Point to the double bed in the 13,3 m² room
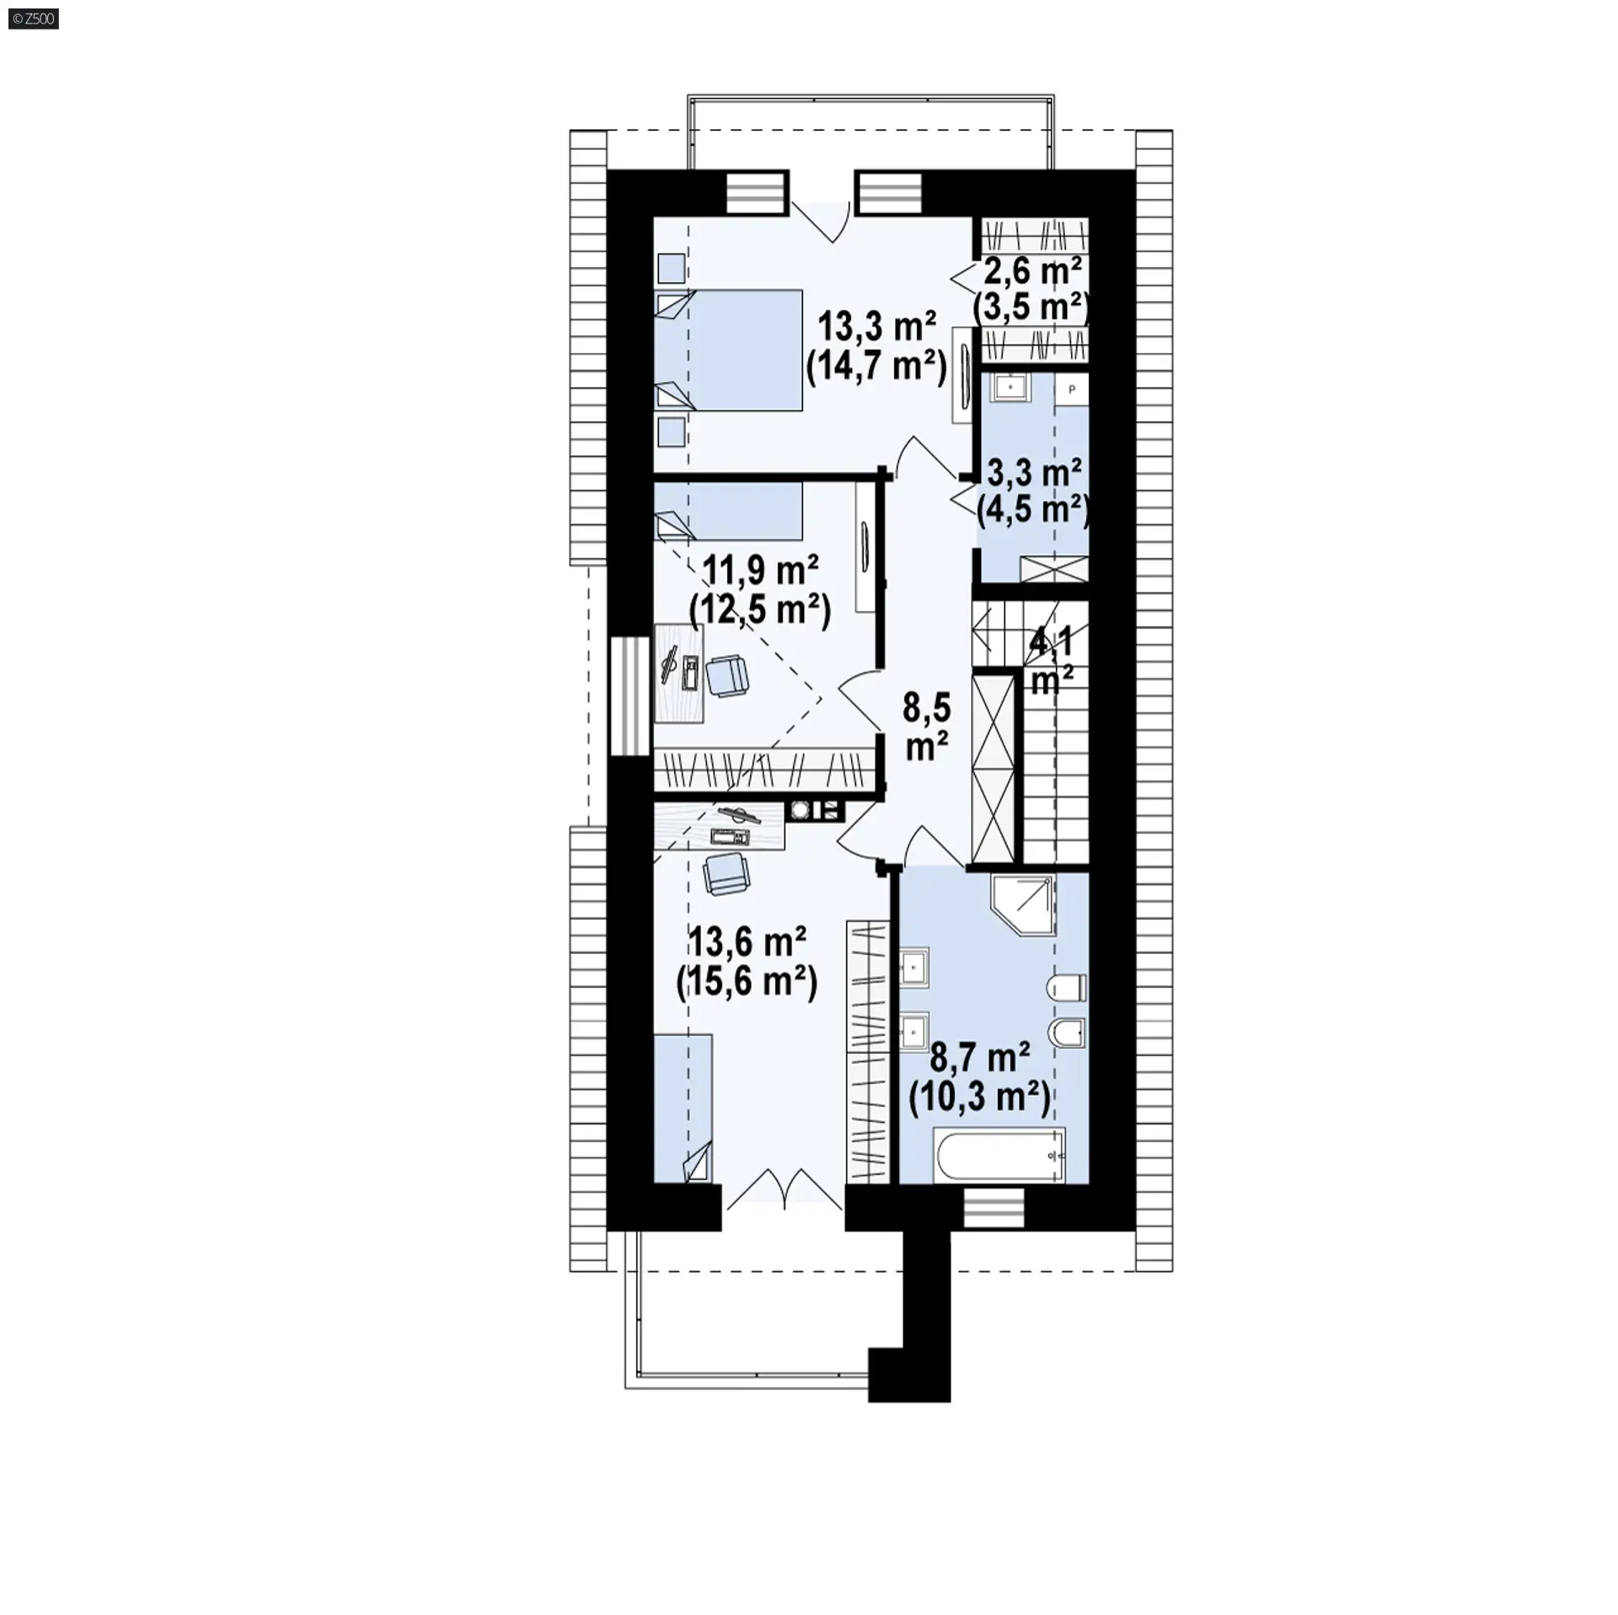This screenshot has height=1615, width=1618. pos(729,351)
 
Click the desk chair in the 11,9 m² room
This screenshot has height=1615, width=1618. pos(726,677)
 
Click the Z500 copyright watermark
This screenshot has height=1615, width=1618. pos(30,18)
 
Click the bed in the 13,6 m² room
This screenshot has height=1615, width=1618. pos(683,1108)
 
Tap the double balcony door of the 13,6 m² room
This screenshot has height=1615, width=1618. pos(784,1189)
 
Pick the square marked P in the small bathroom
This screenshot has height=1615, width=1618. pos(1072,389)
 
